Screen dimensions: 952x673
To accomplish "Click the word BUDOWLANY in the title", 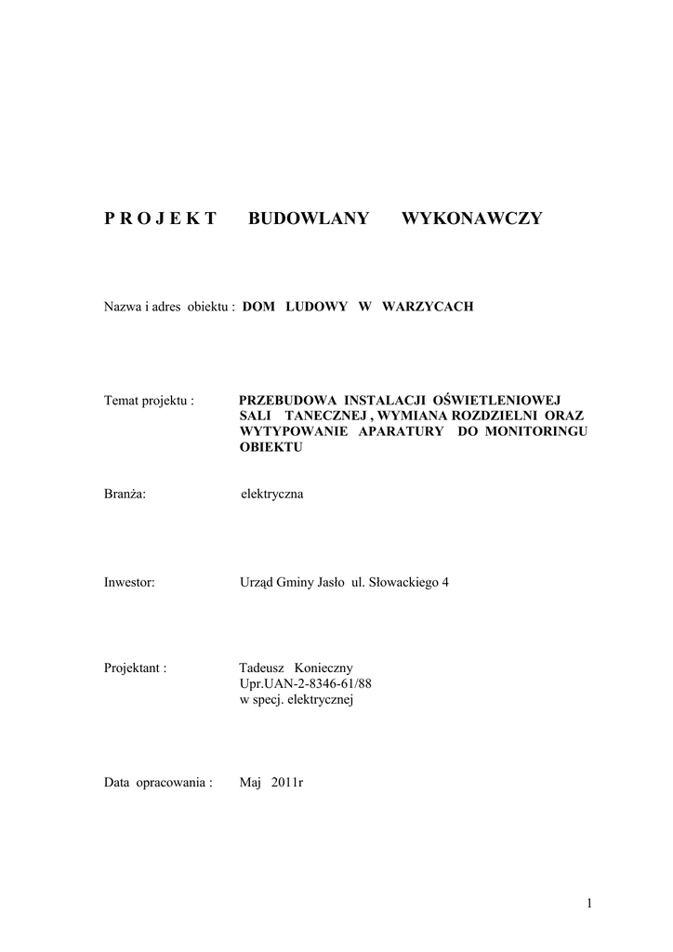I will (x=309, y=218).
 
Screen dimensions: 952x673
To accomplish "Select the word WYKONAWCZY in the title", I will (x=471, y=218).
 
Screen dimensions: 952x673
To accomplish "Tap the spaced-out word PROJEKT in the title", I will (x=160, y=218).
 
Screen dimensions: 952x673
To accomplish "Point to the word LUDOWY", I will (x=315, y=306).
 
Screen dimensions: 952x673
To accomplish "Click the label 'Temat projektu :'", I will (x=149, y=401).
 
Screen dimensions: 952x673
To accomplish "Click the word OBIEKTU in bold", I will (x=271, y=447).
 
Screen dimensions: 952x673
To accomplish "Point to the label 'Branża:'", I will (x=125, y=494).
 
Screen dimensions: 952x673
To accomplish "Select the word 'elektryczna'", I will (x=271, y=494).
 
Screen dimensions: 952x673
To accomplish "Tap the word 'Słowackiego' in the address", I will (x=403, y=583).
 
